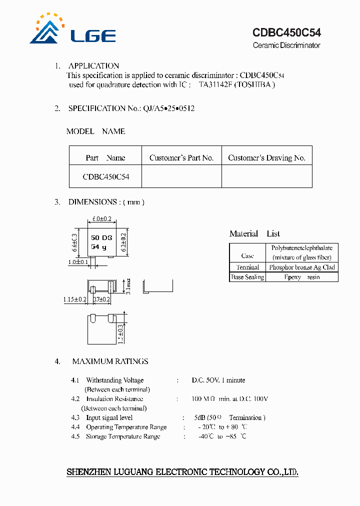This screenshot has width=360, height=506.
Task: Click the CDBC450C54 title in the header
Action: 286,33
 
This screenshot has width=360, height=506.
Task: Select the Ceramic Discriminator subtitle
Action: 286,45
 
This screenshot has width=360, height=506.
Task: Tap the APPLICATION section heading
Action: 93,66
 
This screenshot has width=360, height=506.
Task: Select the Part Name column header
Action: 105,158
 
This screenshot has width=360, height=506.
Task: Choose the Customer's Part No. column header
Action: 181,158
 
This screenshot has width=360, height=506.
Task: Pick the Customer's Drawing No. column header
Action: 266,158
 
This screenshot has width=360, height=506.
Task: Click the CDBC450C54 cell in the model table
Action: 106,177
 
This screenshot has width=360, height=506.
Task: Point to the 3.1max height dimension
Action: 128,285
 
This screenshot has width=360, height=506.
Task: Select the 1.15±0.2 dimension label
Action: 75,299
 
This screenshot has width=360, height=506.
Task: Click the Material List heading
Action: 254,233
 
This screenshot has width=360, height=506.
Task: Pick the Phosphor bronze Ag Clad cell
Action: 301,267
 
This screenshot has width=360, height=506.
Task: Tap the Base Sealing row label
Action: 247,277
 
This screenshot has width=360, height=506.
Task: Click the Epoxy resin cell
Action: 301,277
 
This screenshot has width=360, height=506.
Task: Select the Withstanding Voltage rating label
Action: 114,380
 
